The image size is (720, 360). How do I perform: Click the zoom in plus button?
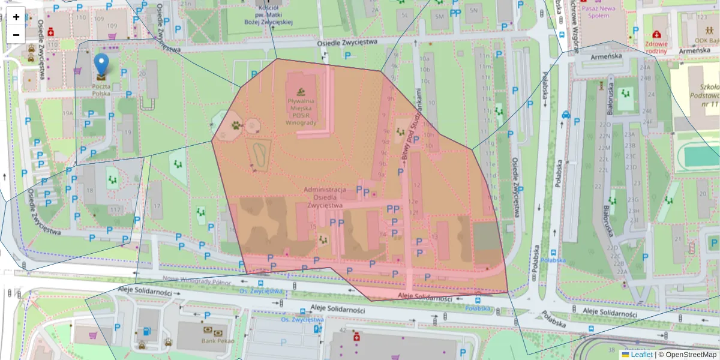click(16, 17)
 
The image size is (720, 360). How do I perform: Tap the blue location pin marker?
click(101, 65)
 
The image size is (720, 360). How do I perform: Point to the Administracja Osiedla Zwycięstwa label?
click(325, 197)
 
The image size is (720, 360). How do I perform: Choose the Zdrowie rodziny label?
click(656, 47)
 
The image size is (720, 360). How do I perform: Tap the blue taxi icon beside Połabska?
click(565, 115)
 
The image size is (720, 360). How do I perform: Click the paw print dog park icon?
click(236, 126)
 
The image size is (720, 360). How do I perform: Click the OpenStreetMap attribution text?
click(691, 355)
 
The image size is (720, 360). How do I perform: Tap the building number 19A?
click(67, 113)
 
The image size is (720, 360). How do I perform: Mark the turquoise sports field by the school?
click(701, 156)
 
